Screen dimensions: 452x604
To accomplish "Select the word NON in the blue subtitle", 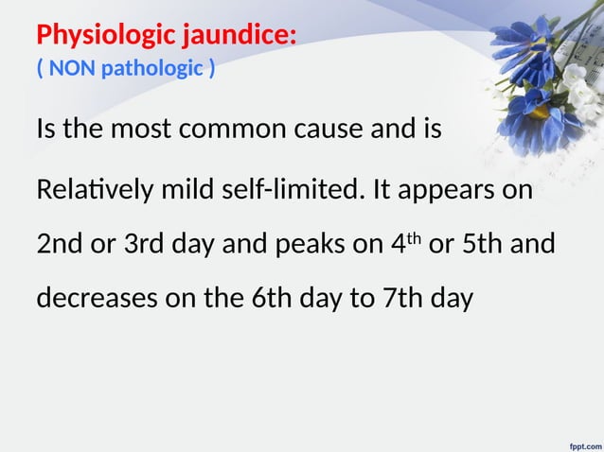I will point(72,68).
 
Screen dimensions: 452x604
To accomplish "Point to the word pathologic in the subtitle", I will point(152,68).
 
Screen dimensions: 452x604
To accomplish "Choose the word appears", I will point(448,192).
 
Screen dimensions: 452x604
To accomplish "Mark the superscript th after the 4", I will point(416,238).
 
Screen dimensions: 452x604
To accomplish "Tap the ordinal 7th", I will point(400,300).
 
